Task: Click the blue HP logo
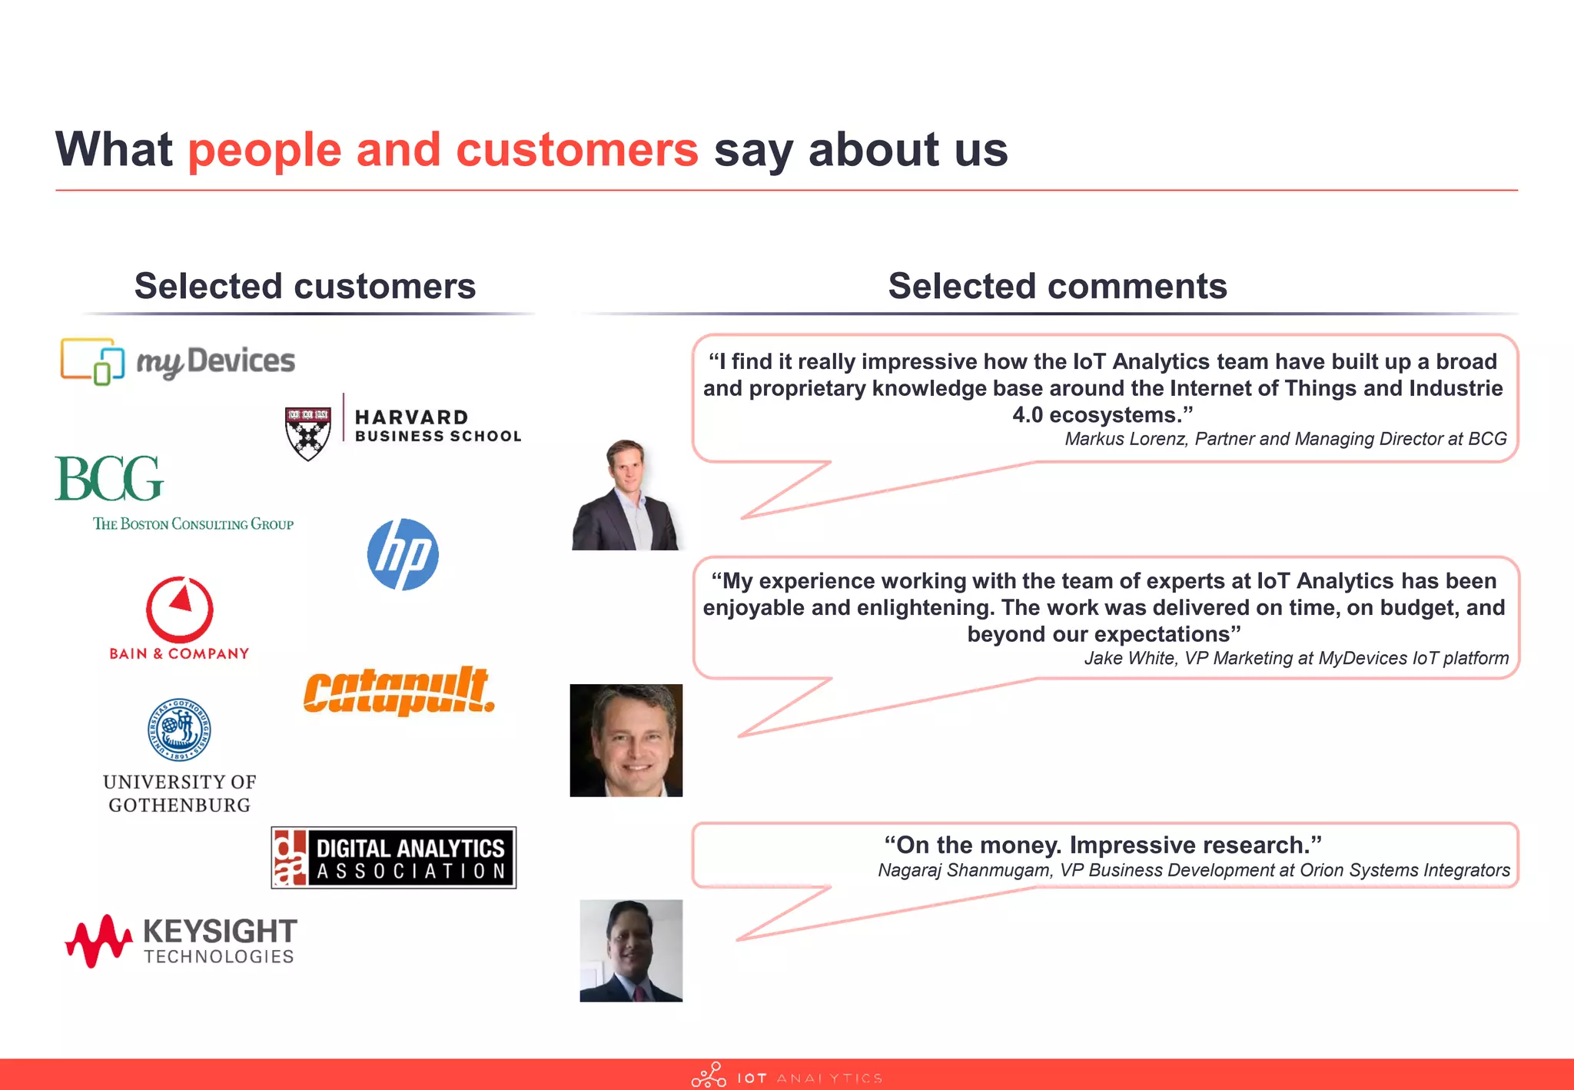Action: [403, 554]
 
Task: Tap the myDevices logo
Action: [178, 361]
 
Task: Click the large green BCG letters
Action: [109, 478]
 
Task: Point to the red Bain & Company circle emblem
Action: [180, 609]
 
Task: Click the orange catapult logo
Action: [399, 690]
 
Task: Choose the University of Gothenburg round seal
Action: [179, 729]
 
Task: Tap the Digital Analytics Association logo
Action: [393, 858]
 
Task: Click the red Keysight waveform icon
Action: [98, 940]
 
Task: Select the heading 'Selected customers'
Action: [305, 286]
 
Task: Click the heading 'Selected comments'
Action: [1058, 286]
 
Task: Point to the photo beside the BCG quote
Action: [626, 495]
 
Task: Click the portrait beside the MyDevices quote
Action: [626, 740]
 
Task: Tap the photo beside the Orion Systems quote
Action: [631, 951]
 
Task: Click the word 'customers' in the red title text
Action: [576, 149]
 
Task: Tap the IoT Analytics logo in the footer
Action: [786, 1076]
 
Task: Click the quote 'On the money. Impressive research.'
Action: [1103, 845]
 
